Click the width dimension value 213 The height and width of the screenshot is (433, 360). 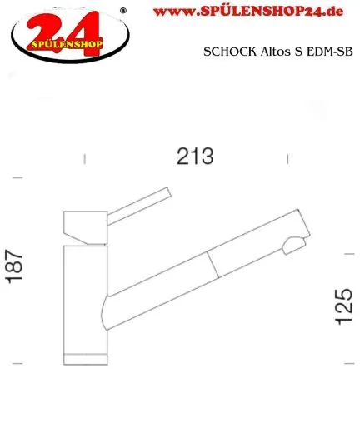pos(195,155)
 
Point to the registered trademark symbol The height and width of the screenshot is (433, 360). pos(124,11)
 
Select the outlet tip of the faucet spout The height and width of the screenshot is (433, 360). pos(294,245)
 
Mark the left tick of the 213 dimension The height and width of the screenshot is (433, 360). pos(86,157)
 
